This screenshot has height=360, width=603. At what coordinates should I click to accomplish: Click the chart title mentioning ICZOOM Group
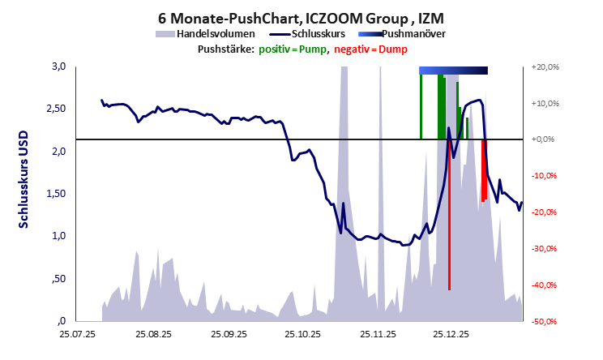click(x=301, y=17)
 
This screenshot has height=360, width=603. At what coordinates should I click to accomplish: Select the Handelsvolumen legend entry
click(x=206, y=34)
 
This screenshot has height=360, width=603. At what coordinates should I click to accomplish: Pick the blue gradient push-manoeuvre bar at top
click(x=454, y=71)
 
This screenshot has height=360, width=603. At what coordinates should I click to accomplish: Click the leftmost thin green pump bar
click(x=421, y=105)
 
